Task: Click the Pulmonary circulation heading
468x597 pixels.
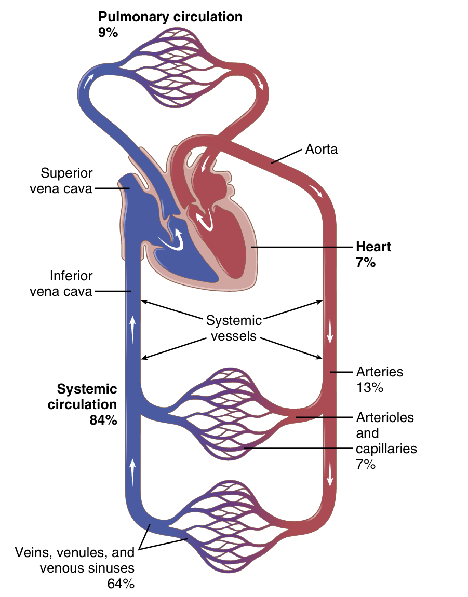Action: coord(170,17)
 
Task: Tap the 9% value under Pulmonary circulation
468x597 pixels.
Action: coord(108,32)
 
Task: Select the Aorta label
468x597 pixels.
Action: coord(322,150)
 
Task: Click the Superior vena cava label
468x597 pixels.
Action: coord(66,180)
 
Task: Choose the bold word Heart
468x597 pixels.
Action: coord(373,247)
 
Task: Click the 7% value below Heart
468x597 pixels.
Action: coord(365,262)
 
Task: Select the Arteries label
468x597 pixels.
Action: coord(380,372)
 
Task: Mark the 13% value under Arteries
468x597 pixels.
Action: coord(369,387)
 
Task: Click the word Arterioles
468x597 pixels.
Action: coord(385,417)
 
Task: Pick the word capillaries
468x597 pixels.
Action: coord(386,448)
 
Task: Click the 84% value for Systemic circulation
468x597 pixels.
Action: coord(103,420)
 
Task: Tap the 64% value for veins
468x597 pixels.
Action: coord(121,584)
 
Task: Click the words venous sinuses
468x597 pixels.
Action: coord(87,568)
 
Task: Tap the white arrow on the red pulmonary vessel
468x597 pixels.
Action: coord(259,79)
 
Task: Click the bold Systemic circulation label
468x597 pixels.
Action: coord(87,397)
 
